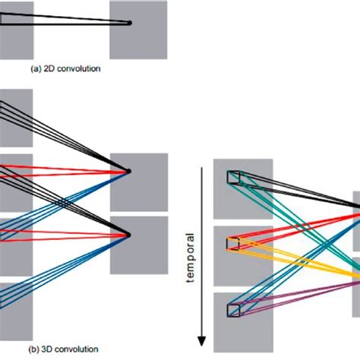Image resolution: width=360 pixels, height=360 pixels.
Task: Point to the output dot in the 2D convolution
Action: pyautogui.click(x=130, y=23)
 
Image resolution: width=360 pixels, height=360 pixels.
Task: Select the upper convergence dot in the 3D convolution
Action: pyautogui.click(x=130, y=172)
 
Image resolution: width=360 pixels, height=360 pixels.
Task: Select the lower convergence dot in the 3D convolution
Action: pyautogui.click(x=130, y=234)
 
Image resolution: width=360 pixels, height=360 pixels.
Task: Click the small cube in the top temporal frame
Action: pyautogui.click(x=232, y=178)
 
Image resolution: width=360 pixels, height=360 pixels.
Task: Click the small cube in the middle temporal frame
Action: pyautogui.click(x=232, y=243)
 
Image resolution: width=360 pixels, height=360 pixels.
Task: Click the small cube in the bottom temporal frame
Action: pyautogui.click(x=232, y=309)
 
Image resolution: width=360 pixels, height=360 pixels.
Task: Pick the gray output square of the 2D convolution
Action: pyautogui.click(x=137, y=30)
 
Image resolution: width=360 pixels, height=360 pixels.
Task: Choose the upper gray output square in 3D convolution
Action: pyautogui.click(x=138, y=182)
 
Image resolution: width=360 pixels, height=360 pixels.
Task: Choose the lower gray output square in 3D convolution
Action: pyautogui.click(x=138, y=245)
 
